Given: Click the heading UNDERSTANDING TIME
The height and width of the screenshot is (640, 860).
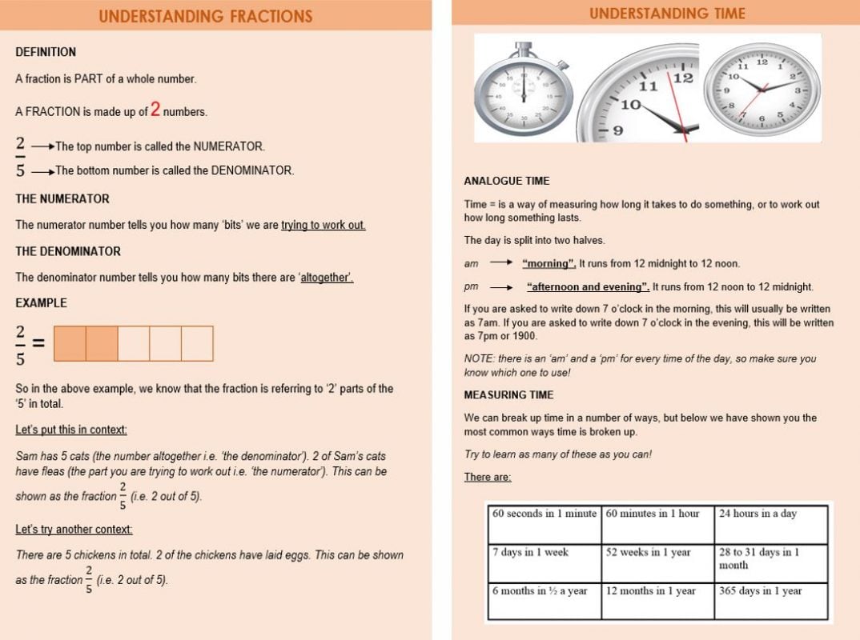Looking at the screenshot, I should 667,14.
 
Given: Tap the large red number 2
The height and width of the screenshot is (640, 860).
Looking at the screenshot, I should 156,110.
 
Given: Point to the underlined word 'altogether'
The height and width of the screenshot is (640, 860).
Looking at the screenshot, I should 327,278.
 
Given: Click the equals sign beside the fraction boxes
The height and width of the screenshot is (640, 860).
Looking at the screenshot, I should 38,344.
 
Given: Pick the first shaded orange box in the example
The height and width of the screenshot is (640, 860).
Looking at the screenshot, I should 70,343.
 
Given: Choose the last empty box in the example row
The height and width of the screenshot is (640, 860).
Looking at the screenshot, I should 197,343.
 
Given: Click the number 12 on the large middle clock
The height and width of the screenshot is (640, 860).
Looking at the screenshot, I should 682,78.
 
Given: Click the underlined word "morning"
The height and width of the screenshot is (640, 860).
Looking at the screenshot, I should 549,263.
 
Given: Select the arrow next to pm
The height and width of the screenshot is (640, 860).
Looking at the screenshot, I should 501,287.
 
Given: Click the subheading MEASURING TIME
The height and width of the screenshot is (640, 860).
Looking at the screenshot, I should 508,395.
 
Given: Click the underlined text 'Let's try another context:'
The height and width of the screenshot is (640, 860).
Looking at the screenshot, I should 74,530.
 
